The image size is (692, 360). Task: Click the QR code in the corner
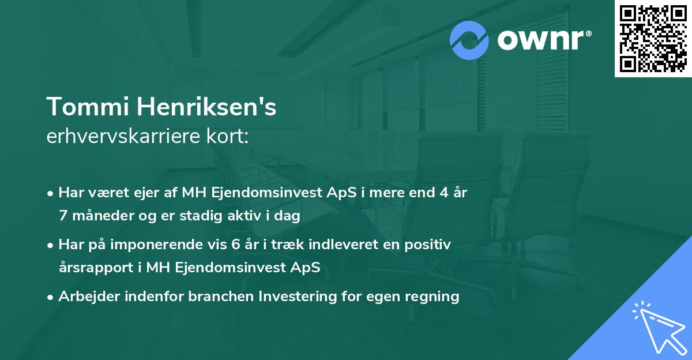pos(653,38)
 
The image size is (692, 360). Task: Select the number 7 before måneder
pos(63,216)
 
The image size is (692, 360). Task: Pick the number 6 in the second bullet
pos(235,245)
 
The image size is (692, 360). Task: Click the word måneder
pos(97,216)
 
